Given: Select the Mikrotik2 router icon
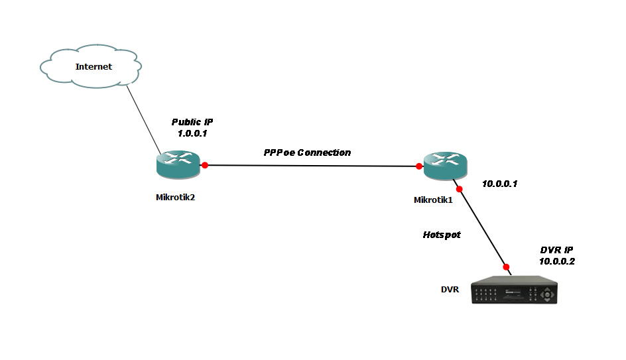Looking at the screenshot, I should tap(178, 163).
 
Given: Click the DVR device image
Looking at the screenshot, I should tap(515, 290).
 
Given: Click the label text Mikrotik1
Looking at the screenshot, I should tap(433, 200).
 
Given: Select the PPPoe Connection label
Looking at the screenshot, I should tap(307, 152).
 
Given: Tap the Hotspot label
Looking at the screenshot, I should tap(442, 235).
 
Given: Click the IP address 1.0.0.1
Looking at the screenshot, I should tap(193, 133).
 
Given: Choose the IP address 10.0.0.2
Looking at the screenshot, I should tap(557, 261).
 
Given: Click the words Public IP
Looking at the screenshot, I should tap(192, 122).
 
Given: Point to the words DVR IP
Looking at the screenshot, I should tap(557, 250).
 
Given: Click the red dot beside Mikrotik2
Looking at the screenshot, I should tap(206, 164).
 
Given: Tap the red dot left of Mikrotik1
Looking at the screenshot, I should tap(419, 166).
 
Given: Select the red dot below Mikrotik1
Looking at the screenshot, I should tap(459, 189).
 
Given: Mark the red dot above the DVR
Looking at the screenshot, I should tap(507, 265).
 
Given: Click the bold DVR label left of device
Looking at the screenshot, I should tap(450, 290).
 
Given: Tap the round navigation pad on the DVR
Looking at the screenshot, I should tap(548, 292).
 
